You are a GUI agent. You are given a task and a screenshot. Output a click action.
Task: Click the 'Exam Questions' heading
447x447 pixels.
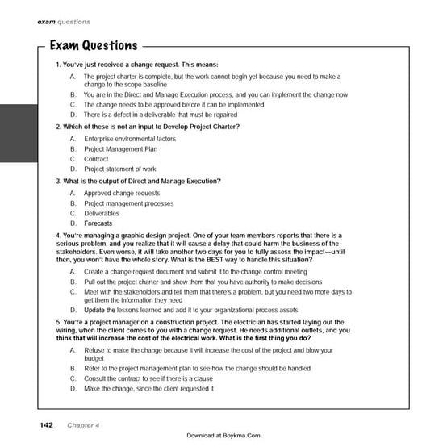tap(93, 45)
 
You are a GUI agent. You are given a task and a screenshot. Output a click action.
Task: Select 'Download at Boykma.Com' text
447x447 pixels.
tap(223, 436)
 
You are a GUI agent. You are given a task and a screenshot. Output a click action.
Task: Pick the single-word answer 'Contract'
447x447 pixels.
tap(96, 159)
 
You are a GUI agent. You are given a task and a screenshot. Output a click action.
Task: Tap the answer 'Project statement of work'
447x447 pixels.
tap(120, 169)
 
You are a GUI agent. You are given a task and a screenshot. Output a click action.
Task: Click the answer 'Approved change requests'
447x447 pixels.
tap(122, 194)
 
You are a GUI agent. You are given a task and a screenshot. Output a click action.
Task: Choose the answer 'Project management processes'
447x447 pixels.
tap(128, 203)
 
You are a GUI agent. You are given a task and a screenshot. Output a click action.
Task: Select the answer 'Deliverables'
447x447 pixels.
tap(102, 214)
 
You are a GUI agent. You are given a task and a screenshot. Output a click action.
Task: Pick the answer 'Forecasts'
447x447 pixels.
tap(98, 223)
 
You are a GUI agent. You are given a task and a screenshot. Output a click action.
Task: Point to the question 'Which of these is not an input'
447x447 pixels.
tap(147, 127)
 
